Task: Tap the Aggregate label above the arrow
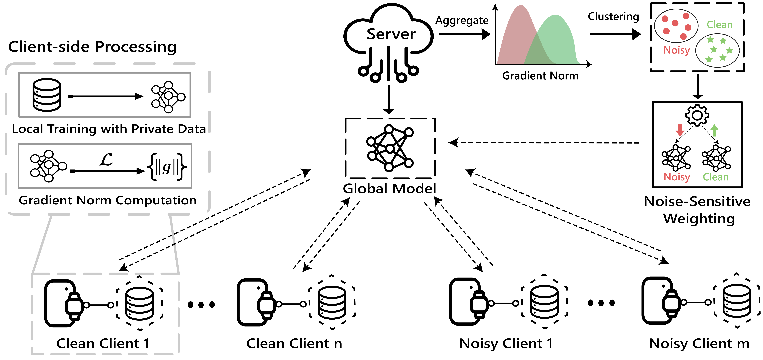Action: click(x=462, y=20)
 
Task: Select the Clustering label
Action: click(x=613, y=17)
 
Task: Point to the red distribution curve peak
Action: click(x=520, y=9)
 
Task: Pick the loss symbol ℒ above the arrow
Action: click(x=106, y=160)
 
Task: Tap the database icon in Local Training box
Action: click(x=47, y=95)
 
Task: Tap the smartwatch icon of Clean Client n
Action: click(x=267, y=304)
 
